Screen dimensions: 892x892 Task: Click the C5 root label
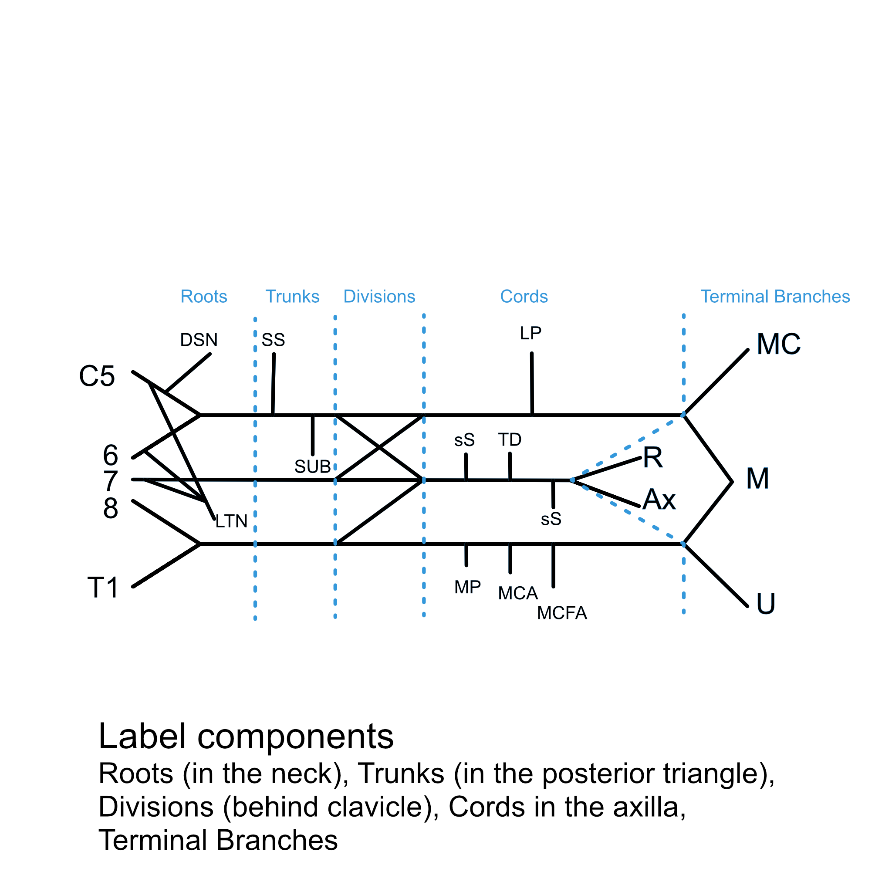tap(97, 376)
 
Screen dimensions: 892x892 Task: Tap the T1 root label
tap(103, 588)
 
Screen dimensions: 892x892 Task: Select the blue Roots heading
tap(203, 297)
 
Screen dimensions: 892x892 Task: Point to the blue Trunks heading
tap(292, 297)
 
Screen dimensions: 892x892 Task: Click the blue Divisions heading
tap(379, 297)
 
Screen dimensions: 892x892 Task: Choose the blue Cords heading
tap(524, 297)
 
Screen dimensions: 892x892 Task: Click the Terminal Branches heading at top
tap(775, 297)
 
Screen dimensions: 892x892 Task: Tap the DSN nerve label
tap(199, 340)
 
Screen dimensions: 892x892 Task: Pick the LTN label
tap(231, 521)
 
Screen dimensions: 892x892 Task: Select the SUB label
tap(313, 467)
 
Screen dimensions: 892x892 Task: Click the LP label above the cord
tap(530, 333)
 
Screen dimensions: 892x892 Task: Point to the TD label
tap(510, 440)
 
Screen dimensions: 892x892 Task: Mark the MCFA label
tap(562, 613)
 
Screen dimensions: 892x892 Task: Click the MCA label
tap(517, 593)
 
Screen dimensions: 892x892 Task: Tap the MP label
tap(467, 587)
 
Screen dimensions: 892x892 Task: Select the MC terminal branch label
tap(778, 345)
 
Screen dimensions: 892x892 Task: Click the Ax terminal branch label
tap(659, 500)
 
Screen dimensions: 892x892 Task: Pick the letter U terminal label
tap(766, 604)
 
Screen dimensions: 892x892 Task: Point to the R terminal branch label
tap(653, 458)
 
